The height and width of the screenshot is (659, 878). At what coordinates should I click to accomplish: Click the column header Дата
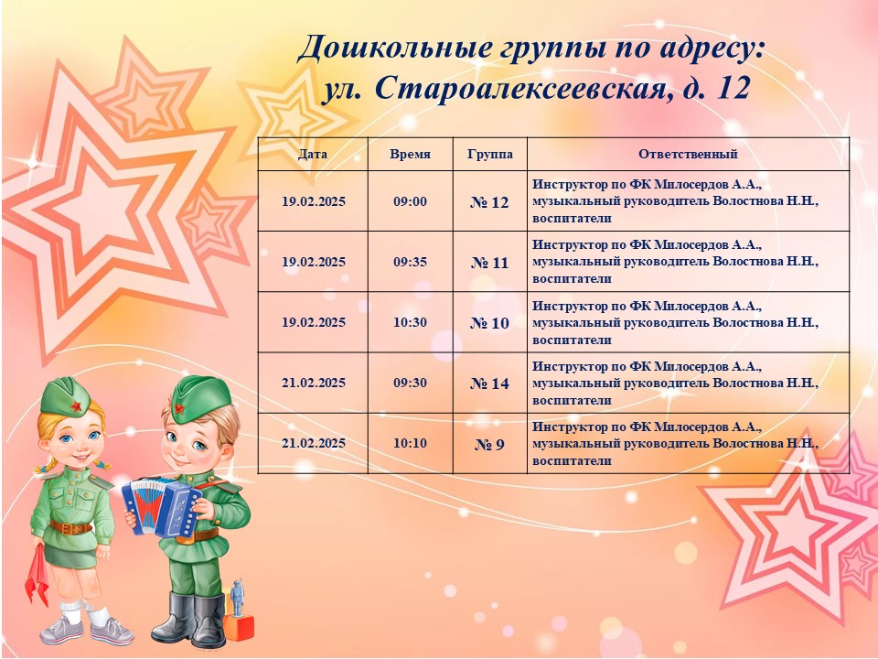(313, 154)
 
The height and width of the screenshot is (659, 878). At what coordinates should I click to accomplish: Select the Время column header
(411, 154)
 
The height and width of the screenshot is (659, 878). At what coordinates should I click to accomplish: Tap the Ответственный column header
(688, 154)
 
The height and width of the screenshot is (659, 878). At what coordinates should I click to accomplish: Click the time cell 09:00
(410, 201)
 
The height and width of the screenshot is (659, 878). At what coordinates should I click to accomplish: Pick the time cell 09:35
(410, 262)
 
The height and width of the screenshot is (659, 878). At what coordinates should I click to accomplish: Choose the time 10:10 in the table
(410, 443)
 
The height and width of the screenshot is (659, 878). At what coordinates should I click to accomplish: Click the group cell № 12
(489, 202)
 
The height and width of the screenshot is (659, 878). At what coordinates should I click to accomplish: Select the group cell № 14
(489, 384)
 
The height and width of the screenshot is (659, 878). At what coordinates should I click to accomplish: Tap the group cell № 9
(489, 445)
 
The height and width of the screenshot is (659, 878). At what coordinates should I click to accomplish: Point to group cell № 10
(489, 323)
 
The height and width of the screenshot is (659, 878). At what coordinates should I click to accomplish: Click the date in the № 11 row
(314, 262)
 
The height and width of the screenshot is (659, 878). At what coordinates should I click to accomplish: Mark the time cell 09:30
(410, 383)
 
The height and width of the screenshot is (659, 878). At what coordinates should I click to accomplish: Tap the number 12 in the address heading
(733, 88)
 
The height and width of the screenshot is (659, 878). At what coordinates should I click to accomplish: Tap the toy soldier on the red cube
(238, 598)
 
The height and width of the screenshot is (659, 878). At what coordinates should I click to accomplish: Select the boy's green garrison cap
(200, 398)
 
